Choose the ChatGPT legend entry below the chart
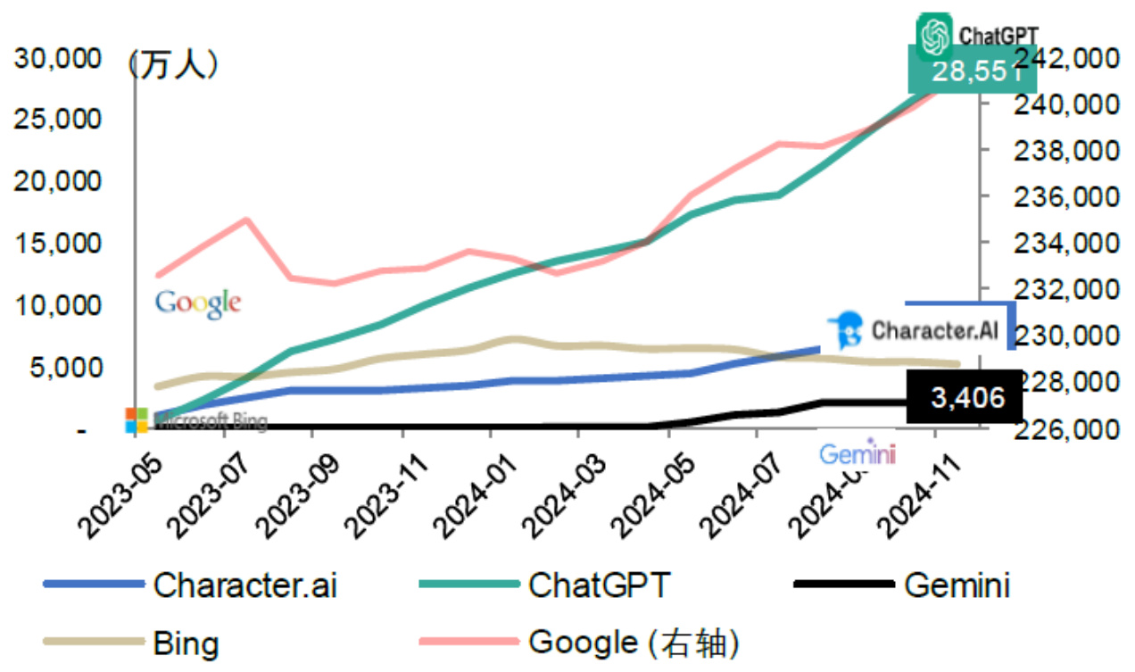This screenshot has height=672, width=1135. pyautogui.click(x=599, y=585)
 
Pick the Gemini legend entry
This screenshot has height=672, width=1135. pyautogui.click(x=956, y=585)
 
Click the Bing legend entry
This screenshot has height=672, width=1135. pyautogui.click(x=186, y=642)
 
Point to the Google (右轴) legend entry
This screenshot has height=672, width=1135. pyautogui.click(x=634, y=642)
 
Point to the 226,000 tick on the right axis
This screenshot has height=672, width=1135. pyautogui.click(x=1062, y=429)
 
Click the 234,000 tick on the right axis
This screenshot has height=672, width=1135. pyautogui.click(x=1062, y=244)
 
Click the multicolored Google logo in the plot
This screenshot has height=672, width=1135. pyautogui.click(x=198, y=303)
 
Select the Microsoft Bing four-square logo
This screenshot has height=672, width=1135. pyautogui.click(x=137, y=420)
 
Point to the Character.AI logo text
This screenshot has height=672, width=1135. pyautogui.click(x=934, y=330)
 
